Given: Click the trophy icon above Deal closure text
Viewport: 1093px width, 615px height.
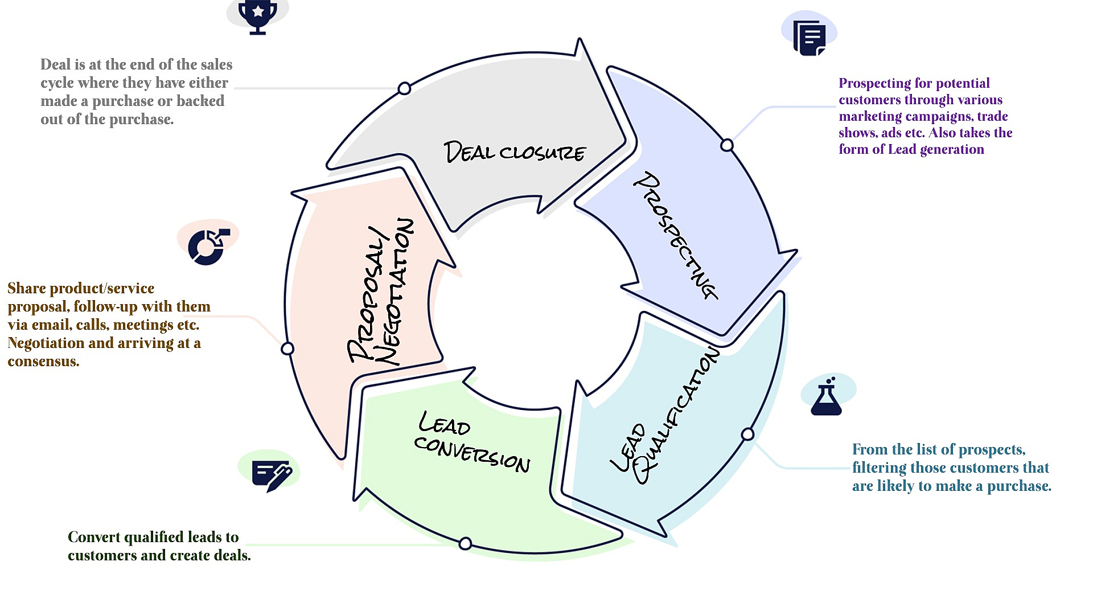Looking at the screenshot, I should click(x=258, y=16).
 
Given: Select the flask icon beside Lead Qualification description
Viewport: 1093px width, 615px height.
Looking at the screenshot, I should click(x=826, y=396).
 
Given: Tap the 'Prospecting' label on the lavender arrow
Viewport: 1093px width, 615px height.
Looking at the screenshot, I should click(x=675, y=235).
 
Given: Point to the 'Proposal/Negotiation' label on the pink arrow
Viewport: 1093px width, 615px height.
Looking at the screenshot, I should click(x=381, y=292).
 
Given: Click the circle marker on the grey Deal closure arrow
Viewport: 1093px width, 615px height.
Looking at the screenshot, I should click(x=404, y=88).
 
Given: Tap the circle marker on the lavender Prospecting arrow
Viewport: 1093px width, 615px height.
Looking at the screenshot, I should click(x=726, y=145).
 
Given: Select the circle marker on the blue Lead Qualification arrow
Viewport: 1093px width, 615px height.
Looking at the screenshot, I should click(x=747, y=434).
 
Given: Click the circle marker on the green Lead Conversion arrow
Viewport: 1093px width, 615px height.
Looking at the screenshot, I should click(x=465, y=543).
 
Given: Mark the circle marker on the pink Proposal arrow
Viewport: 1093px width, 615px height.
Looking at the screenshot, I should click(x=287, y=348).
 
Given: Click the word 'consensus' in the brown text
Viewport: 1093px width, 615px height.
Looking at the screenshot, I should click(x=43, y=362).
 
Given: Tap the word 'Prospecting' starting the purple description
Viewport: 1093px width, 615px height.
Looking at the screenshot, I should click(x=874, y=84).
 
